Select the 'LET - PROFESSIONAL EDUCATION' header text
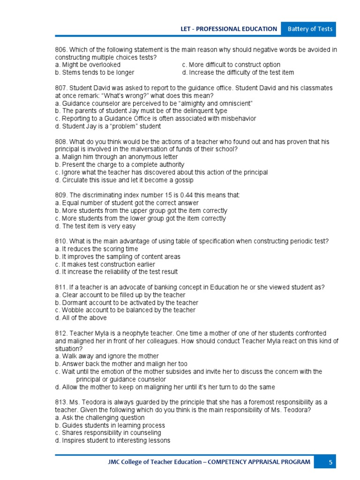pyautogui.click(x=229, y=29)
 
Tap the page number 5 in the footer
pyautogui.click(x=330, y=462)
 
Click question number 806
pyautogui.click(x=61, y=50)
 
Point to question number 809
pyautogui.click(x=61, y=195)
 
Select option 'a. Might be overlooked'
pyautogui.click(x=88, y=65)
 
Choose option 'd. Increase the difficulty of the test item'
pyautogui.click(x=238, y=73)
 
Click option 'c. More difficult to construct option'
pyautogui.click(x=231, y=65)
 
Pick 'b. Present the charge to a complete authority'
pyautogui.click(x=120, y=165)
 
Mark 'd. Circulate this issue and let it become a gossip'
pyautogui.click(x=124, y=180)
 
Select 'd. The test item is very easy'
pyautogui.click(x=95, y=226)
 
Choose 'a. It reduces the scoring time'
pyautogui.click(x=97, y=249)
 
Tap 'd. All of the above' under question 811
pyautogui.click(x=81, y=318)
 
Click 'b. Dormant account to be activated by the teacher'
pyautogui.click(x=127, y=302)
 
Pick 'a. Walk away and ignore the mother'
pyautogui.click(x=107, y=356)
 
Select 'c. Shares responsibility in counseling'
pyautogui.click(x=108, y=433)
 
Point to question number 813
pyautogui.click(x=61, y=402)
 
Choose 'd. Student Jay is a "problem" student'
pyautogui.click(x=108, y=126)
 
